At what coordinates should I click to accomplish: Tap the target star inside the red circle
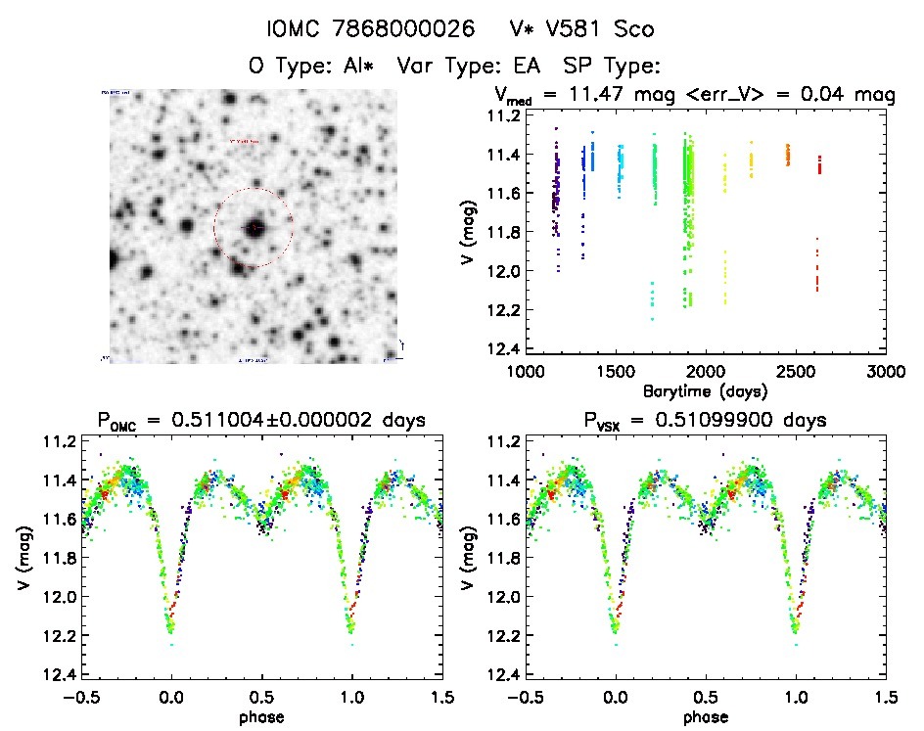(254, 227)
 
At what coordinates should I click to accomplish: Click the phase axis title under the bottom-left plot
(262, 715)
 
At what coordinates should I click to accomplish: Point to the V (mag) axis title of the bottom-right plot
(471, 558)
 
